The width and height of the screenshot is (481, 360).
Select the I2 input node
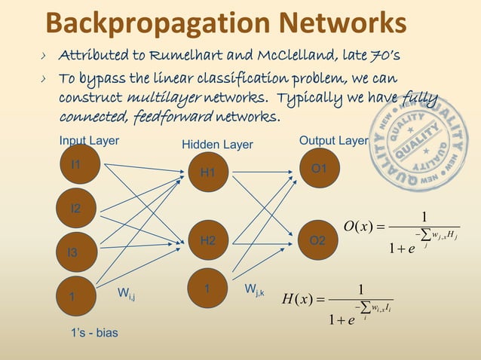coord(76,209)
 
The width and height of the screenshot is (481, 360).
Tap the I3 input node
coord(72,253)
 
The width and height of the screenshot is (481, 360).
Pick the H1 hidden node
coord(207,173)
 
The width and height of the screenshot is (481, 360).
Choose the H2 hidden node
coord(208,240)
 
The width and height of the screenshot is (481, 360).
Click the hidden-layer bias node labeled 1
coord(207,288)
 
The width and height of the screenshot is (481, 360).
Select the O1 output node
coord(319,169)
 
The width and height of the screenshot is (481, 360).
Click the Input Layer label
coord(89,140)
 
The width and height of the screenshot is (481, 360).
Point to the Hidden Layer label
coord(217,145)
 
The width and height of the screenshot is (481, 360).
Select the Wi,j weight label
coord(127,293)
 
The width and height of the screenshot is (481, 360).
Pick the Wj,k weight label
coord(254,289)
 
